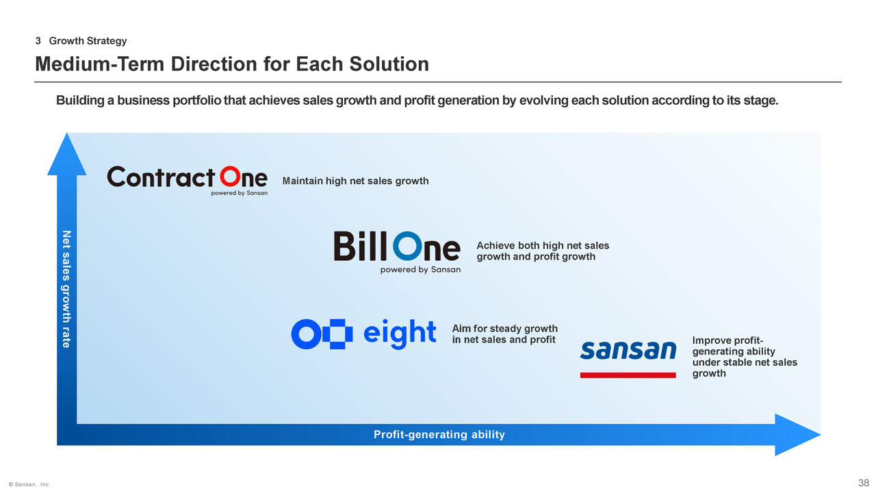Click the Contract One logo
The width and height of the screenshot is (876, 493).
[188, 181]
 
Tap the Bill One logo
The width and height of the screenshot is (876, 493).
[398, 252]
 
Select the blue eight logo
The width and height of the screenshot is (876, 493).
[363, 333]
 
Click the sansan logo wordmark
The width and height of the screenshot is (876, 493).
[628, 350]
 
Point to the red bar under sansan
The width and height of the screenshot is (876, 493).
[628, 375]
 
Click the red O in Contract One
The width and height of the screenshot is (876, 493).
[229, 177]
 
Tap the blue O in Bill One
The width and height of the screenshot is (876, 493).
[407, 246]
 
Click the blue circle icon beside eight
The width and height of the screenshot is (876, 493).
[306, 334]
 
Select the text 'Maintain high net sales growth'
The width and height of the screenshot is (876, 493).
[355, 181]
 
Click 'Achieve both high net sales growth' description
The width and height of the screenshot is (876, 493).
[543, 251]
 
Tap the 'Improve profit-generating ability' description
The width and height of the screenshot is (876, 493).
[745, 357]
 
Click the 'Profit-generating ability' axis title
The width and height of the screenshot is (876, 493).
[439, 434]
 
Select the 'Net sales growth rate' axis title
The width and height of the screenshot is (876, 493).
[67, 289]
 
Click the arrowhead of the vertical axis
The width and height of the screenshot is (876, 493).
[67, 154]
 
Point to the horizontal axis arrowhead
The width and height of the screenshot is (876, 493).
[798, 434]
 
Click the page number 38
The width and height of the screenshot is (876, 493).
[864, 483]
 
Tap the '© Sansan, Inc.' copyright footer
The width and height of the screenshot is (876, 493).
[29, 484]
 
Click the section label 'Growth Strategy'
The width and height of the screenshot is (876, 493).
[88, 40]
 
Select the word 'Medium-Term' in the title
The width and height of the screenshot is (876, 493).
[100, 64]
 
